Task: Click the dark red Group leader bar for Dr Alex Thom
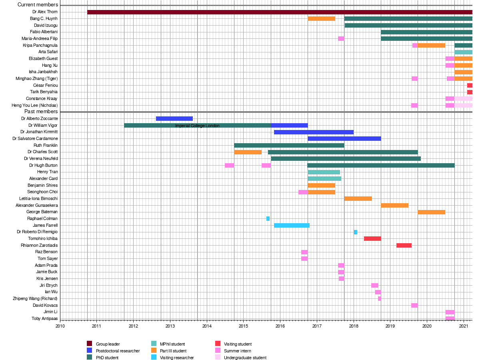coord(280,12)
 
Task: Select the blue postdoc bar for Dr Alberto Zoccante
coord(174,118)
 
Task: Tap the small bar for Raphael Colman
coord(268,218)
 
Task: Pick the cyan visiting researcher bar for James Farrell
coord(292,225)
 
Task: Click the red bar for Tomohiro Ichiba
coord(372,238)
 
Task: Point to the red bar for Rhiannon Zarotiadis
coord(404,245)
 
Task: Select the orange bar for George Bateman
coord(432,212)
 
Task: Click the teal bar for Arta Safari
coord(463,52)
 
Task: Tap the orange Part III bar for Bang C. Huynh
coord(322,18)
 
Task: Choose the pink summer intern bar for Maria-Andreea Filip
coord(341,38)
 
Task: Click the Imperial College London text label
coord(197,126)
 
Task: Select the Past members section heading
coord(41,112)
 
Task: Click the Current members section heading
coord(38,5)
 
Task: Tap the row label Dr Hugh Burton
coord(43,165)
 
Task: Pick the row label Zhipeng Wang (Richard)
coord(35,298)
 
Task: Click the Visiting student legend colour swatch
coord(218,344)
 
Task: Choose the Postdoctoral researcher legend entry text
coord(118,351)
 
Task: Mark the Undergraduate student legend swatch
coord(218,358)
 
